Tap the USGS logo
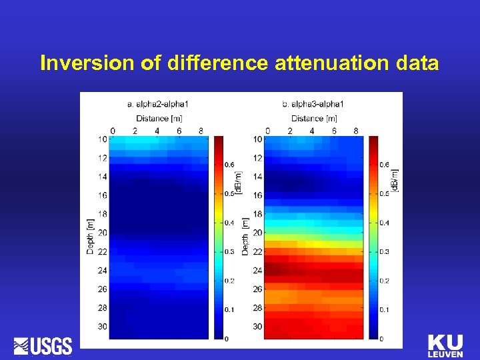43,346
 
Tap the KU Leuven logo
445,346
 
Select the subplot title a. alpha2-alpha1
158,104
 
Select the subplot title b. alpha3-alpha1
313,104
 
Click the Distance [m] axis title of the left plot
158,118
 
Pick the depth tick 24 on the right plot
257,271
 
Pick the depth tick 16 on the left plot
103,196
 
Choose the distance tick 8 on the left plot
201,131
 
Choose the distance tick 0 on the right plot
267,131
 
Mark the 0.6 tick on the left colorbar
230,164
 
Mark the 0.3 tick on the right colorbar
385,251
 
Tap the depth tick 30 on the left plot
103,327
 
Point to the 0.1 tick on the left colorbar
230,310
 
